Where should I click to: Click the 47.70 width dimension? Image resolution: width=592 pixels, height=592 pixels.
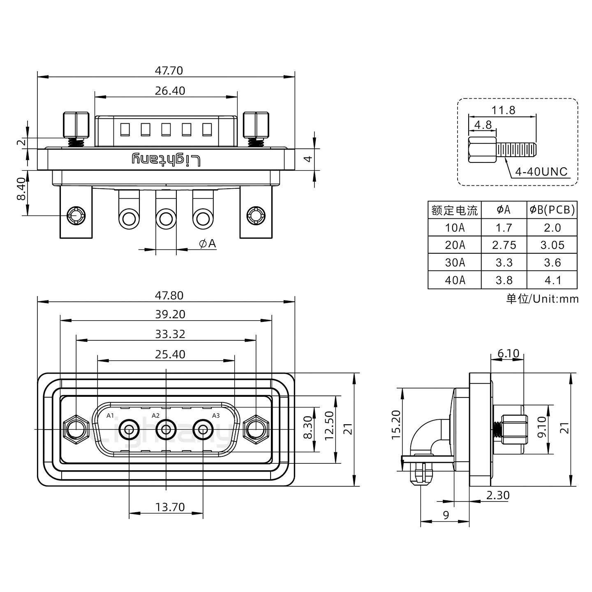(x=169, y=71)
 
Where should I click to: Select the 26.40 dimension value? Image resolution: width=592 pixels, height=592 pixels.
(x=170, y=90)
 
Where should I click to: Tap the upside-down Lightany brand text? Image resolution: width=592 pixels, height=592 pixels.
(x=166, y=160)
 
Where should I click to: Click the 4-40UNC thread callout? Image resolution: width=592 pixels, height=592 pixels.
(x=541, y=172)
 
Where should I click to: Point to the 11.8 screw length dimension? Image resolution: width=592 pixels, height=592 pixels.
(x=503, y=110)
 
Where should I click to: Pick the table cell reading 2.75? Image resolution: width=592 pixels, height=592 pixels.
(x=504, y=245)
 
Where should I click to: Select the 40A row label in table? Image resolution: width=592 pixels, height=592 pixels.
(x=455, y=280)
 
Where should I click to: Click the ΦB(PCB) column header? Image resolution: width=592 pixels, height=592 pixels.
(x=552, y=210)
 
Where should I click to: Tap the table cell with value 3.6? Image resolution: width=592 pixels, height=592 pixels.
(x=552, y=262)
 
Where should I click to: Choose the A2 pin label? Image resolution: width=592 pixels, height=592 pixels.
(x=155, y=416)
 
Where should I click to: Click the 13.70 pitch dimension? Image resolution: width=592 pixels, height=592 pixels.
(x=170, y=507)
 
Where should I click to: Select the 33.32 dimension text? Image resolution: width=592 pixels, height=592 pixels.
(x=170, y=334)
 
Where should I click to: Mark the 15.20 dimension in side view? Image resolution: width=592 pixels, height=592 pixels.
(x=396, y=425)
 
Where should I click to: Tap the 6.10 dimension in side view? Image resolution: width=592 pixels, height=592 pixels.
(x=508, y=353)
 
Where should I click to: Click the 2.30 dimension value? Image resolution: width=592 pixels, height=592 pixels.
(x=497, y=495)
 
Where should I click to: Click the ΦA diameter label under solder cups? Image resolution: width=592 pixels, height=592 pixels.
(x=207, y=244)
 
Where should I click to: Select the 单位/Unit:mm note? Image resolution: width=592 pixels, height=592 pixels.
(x=542, y=299)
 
